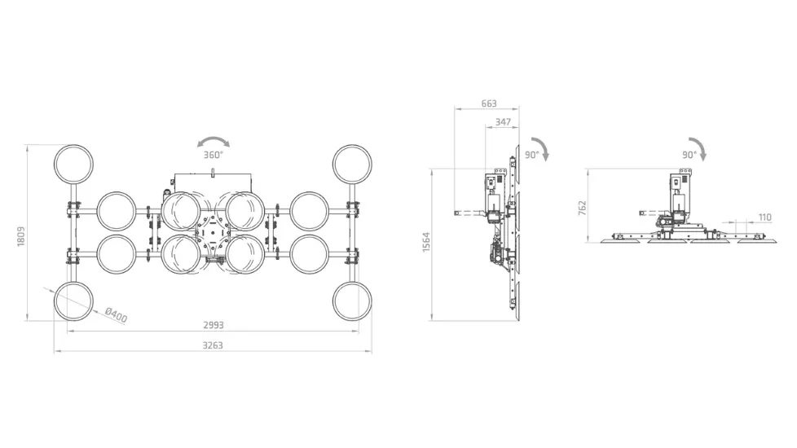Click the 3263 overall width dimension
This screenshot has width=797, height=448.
(x=213, y=345)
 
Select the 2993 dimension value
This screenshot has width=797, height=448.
(x=214, y=325)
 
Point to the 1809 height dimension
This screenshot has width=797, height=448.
(x=21, y=237)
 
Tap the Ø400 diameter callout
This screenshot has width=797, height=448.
(x=116, y=315)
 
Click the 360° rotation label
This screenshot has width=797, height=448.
(x=214, y=155)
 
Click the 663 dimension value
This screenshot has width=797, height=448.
(x=489, y=103)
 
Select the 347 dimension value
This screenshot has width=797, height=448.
(x=503, y=122)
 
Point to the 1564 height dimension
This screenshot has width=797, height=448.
(x=426, y=242)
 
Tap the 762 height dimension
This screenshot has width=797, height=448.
(x=583, y=208)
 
